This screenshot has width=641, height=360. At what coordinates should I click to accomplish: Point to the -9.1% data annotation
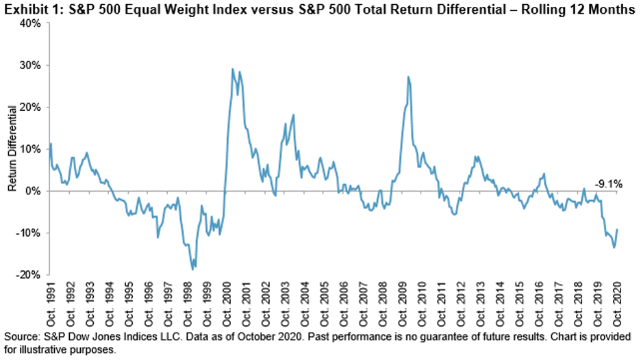(607, 183)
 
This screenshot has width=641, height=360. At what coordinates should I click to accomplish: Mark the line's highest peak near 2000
(233, 68)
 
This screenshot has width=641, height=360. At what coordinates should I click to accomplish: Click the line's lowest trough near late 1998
(193, 269)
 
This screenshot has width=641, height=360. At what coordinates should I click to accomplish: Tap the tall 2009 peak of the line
(408, 77)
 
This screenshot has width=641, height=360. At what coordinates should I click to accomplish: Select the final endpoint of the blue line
(618, 229)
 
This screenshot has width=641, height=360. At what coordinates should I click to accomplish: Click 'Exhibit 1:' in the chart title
(27, 8)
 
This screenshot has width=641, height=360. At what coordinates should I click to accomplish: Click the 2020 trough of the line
(614, 247)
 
